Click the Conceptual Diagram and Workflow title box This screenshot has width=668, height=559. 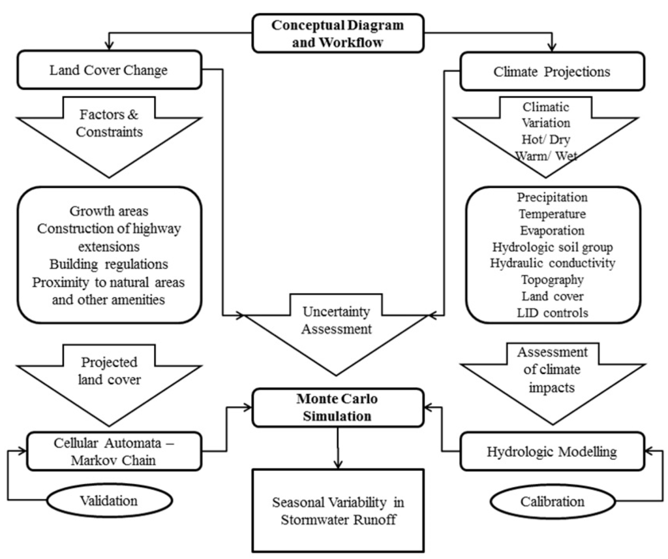click(337, 33)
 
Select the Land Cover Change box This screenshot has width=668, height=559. click(108, 71)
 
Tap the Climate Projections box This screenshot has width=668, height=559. click(553, 71)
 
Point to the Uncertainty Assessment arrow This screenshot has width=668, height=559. click(337, 323)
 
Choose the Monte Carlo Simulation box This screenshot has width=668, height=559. click(337, 407)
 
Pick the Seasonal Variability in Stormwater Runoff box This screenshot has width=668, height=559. click(338, 511)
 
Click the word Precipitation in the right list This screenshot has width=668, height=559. click(552, 197)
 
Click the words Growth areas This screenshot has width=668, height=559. click(108, 212)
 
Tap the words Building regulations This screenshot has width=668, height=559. click(108, 264)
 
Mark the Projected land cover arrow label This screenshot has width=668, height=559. click(109, 372)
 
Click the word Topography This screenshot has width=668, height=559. click(553, 279)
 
